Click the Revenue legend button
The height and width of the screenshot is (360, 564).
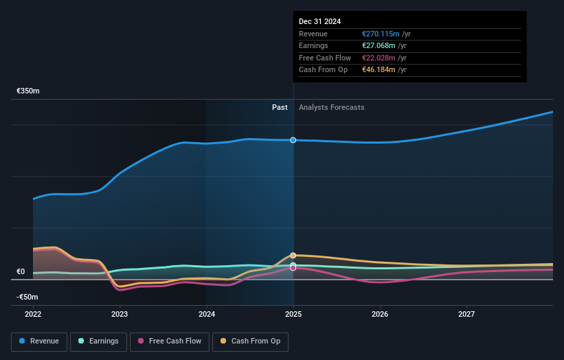(39, 341)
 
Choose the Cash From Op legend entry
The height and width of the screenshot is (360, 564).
(251, 341)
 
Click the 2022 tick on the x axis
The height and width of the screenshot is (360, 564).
(33, 315)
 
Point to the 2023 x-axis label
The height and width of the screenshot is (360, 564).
(120, 315)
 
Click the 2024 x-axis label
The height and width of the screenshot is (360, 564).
(207, 315)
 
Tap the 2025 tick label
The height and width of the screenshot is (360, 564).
(293, 315)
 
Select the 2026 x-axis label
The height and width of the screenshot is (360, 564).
(380, 315)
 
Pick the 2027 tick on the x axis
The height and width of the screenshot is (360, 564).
(466, 315)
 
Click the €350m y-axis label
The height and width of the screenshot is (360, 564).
(28, 91)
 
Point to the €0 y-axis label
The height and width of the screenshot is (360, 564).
(21, 271)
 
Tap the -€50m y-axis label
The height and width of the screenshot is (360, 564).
(27, 297)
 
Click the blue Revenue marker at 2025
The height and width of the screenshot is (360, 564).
(293, 140)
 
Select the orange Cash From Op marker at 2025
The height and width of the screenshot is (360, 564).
(293, 255)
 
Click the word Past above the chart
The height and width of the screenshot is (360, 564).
(280, 107)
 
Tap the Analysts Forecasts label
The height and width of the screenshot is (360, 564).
(331, 107)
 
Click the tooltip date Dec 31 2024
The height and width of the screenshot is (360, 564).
(319, 22)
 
